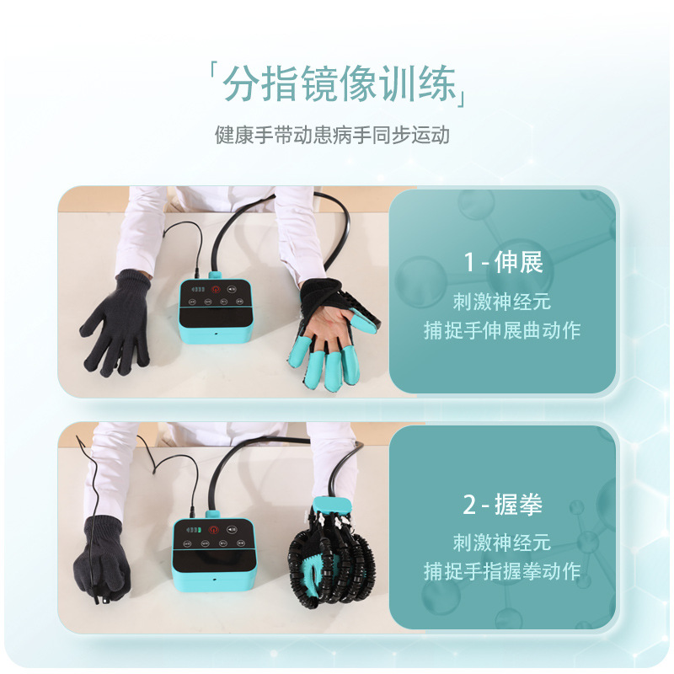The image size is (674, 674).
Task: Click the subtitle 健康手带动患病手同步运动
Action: click(332, 135)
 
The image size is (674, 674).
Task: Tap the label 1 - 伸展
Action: click(503, 263)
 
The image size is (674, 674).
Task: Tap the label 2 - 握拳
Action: click(503, 505)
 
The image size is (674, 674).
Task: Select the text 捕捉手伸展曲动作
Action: click(502, 330)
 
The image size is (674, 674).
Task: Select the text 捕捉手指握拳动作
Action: click(502, 571)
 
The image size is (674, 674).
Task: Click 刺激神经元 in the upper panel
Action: click(502, 301)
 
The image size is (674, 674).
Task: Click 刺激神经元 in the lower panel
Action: click(502, 542)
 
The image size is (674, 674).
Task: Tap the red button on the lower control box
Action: click(211, 530)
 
